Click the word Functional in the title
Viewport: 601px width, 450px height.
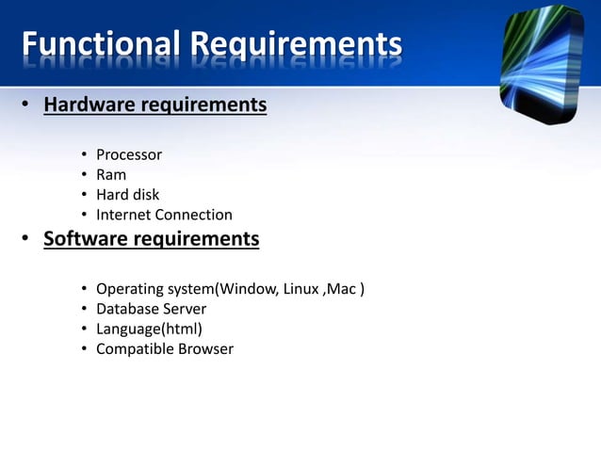[x=99, y=44]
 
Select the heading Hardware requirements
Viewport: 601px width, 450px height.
[x=154, y=104]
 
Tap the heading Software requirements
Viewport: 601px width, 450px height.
[x=151, y=239]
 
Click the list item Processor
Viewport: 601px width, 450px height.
[x=129, y=154]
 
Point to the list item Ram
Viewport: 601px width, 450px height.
[x=111, y=174]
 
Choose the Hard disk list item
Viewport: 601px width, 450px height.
[x=128, y=195]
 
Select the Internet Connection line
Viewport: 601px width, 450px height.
[x=164, y=215]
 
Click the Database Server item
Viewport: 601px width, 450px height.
[x=151, y=309]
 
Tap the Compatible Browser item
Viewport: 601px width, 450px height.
[x=165, y=349]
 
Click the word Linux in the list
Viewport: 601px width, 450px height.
[x=300, y=288]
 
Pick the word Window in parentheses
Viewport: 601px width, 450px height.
[x=249, y=288]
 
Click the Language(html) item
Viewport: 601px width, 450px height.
[x=149, y=329]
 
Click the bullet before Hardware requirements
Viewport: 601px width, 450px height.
[x=27, y=105]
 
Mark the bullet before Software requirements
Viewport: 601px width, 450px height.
[x=27, y=240]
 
